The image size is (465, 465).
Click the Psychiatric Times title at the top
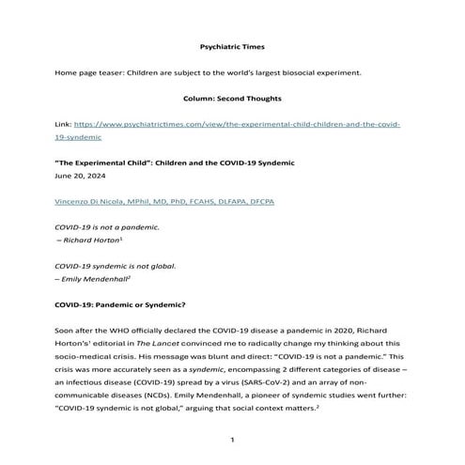[x=232, y=44]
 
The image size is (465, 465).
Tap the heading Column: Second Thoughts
[x=232, y=97]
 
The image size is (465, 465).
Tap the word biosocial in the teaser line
[x=324, y=71]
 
